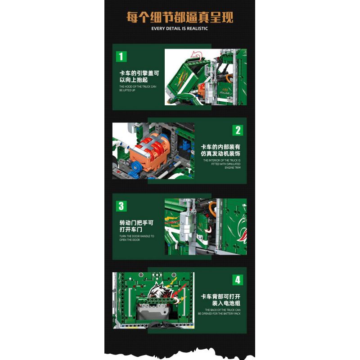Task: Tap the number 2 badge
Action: pyautogui.click(x=238, y=130)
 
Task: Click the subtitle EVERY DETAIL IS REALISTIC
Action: pyautogui.click(x=180, y=28)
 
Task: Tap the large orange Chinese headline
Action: pyautogui.click(x=180, y=17)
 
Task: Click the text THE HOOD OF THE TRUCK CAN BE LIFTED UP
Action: pyautogui.click(x=137, y=88)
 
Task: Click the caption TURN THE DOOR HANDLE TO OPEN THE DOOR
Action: pyautogui.click(x=136, y=238)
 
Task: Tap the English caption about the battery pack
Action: pyautogui.click(x=222, y=312)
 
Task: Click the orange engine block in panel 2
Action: pyautogui.click(x=148, y=151)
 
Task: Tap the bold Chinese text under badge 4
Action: pyautogui.click(x=221, y=299)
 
